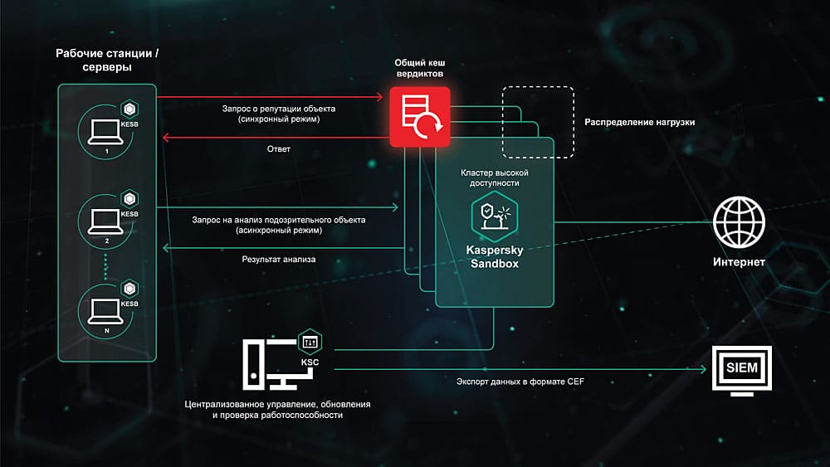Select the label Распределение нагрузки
pos(639,122)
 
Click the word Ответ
pos(279,149)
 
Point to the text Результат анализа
pos(279,260)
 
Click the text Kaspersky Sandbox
pos(494,255)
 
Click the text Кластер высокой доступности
pos(494,177)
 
